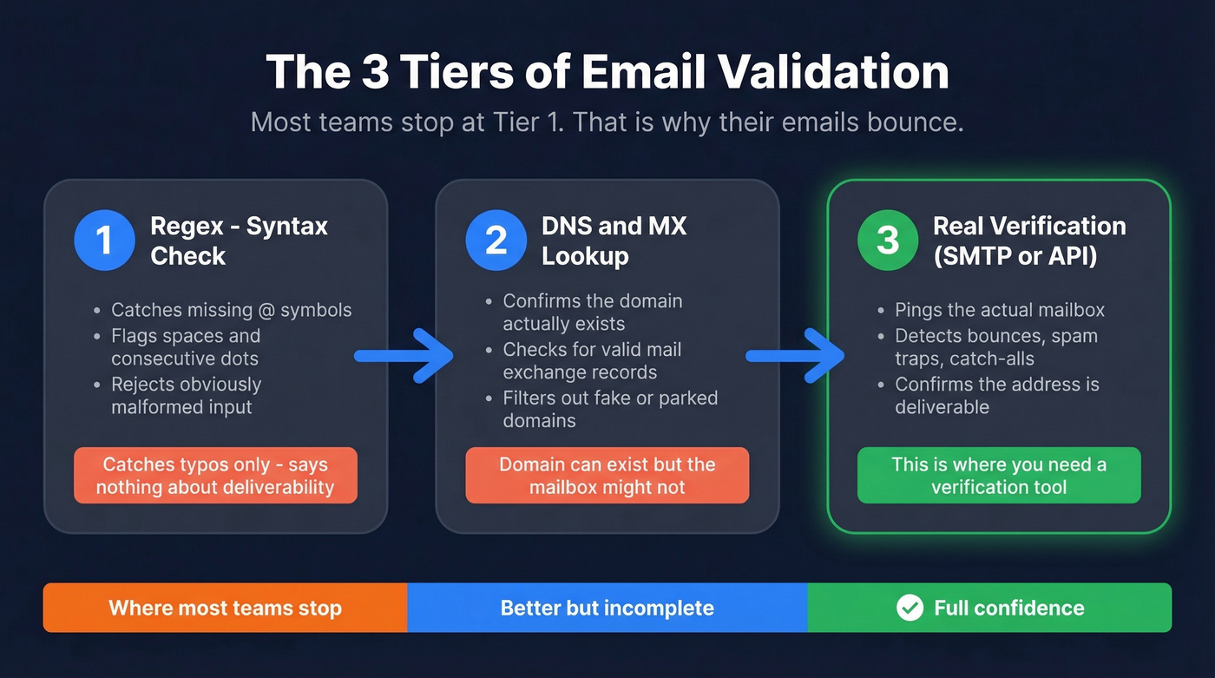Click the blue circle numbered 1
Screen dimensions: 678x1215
[x=104, y=240]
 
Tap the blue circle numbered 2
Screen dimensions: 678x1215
[x=496, y=240]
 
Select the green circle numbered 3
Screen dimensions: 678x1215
[x=887, y=240]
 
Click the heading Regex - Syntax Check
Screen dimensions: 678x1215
[x=239, y=241]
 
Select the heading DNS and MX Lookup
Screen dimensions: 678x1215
[x=614, y=241]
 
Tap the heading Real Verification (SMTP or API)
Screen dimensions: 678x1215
[x=1028, y=241]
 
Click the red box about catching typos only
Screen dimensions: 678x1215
[x=215, y=476]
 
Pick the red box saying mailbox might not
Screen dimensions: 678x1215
[x=607, y=476]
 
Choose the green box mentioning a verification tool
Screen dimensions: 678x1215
[x=999, y=476]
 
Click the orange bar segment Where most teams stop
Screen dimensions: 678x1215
[x=225, y=608]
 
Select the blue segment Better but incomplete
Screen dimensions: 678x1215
[x=607, y=608]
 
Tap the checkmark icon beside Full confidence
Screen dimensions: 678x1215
[x=910, y=608]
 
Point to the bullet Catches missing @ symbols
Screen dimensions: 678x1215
[x=231, y=310]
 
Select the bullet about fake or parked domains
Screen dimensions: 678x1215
[x=610, y=409]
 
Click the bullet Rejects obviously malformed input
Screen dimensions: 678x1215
[x=186, y=395]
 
